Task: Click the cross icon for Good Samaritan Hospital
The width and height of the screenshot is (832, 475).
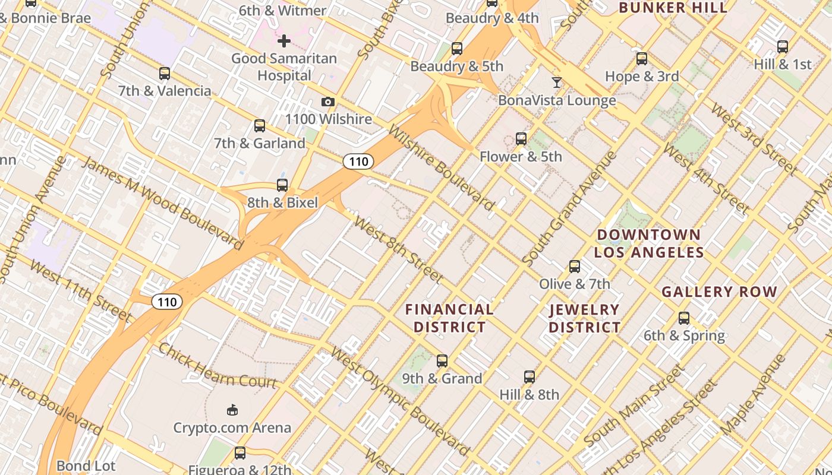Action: (x=284, y=41)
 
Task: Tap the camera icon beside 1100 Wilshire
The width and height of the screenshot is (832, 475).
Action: (x=327, y=102)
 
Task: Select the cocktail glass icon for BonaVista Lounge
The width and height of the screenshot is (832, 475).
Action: (x=557, y=83)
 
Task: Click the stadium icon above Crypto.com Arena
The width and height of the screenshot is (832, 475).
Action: (x=232, y=410)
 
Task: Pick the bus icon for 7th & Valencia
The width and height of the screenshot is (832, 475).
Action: (x=165, y=74)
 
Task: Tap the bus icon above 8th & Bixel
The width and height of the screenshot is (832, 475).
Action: (x=282, y=185)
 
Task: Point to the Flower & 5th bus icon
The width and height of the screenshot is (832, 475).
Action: (x=521, y=139)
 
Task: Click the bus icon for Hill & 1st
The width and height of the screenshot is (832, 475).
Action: (x=783, y=47)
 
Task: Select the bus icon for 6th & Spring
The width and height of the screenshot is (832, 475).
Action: (x=684, y=318)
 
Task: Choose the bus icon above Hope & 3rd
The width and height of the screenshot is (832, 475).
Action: (x=642, y=59)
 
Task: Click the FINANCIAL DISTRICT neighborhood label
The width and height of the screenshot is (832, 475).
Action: (x=449, y=318)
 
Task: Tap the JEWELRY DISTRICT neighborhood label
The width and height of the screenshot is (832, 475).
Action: (x=584, y=318)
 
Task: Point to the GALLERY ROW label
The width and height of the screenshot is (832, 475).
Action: (x=719, y=292)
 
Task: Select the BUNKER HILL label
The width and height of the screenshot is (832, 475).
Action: (x=673, y=8)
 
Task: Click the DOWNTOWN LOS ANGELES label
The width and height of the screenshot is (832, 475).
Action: (x=649, y=243)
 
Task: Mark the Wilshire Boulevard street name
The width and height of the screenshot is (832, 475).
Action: (x=440, y=167)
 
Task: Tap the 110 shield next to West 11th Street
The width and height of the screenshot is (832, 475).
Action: (x=167, y=302)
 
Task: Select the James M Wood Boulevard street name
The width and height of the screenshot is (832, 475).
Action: (x=162, y=203)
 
